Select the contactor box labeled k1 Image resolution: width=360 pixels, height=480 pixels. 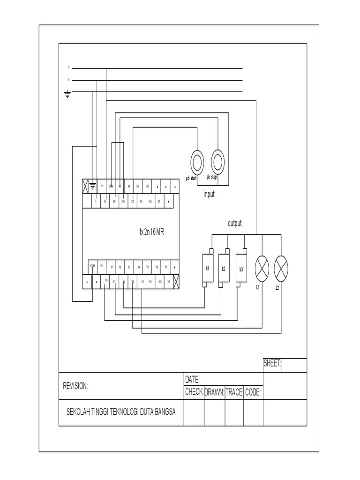(x=207, y=269)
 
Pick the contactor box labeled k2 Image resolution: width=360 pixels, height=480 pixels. (x=224, y=269)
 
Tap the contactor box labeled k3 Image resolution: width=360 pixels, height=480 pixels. (x=241, y=269)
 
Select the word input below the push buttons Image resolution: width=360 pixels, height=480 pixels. (x=209, y=194)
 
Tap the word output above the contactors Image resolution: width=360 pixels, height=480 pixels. (x=234, y=224)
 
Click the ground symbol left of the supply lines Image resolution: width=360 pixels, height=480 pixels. (x=67, y=94)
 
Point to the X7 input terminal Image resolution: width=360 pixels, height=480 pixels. (x=159, y=201)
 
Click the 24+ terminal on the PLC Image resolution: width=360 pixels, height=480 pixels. (x=123, y=201)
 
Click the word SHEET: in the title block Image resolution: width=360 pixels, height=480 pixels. (x=272, y=363)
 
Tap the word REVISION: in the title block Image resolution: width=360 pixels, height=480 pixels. (x=75, y=386)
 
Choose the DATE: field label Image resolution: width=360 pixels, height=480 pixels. (x=193, y=379)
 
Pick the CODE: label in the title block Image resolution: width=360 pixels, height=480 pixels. (x=253, y=392)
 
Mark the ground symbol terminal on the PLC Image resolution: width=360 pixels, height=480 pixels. (x=93, y=186)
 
